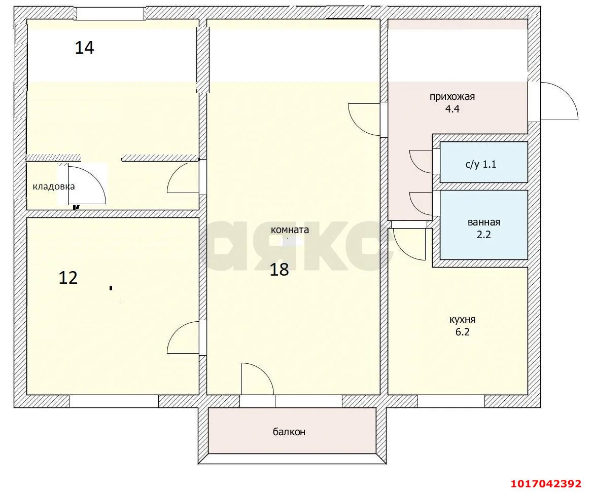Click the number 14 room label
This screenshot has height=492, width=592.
click(x=85, y=48)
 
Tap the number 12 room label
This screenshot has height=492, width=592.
click(x=68, y=278)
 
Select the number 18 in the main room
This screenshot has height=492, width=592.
click(x=279, y=270)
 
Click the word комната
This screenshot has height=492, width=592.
click(x=290, y=230)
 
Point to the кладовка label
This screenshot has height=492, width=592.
click(x=54, y=186)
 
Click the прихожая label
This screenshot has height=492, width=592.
click(x=452, y=97)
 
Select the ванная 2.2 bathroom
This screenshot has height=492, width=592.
click(x=483, y=228)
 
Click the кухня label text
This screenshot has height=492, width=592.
click(x=462, y=320)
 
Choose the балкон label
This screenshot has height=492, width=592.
click(x=289, y=432)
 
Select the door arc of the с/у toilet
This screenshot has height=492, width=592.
click(x=420, y=161)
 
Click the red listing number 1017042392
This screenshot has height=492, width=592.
click(x=549, y=483)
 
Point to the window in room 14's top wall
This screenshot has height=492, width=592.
click(x=111, y=14)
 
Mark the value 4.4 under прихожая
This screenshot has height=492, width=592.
click(x=452, y=108)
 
